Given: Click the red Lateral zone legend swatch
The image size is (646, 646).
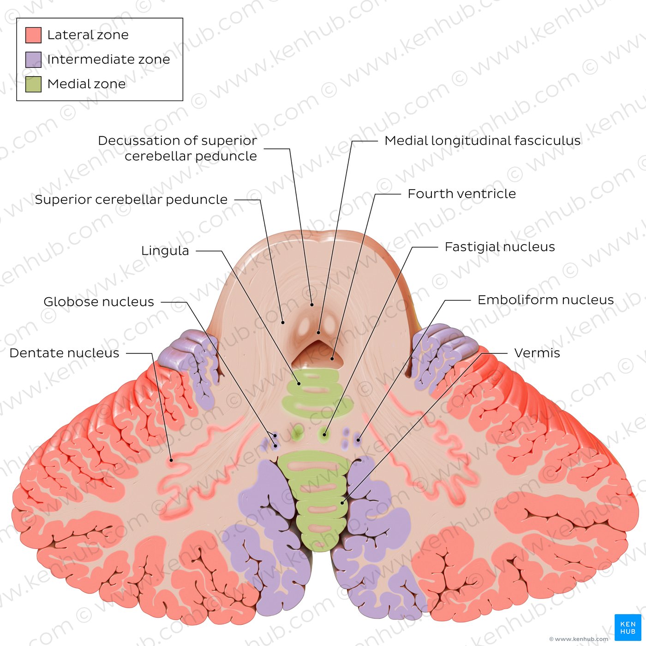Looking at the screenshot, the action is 33,35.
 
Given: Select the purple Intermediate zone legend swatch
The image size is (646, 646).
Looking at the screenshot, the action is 33,60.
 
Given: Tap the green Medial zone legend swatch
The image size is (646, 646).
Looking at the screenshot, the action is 33,84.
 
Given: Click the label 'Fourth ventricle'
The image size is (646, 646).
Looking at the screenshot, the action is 461,193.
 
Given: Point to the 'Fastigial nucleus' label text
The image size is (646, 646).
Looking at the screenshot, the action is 500,247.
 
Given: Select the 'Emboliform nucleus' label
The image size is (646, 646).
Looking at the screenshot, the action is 545,300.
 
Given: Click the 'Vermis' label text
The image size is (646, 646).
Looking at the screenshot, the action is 537,353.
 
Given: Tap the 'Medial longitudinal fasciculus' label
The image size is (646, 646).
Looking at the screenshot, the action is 482,141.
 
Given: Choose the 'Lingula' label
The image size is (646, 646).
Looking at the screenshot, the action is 165,251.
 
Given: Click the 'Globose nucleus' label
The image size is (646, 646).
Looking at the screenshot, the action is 99,302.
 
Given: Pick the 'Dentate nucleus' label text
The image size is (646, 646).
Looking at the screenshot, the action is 64,353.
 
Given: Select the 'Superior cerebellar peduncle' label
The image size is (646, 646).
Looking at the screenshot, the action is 131,199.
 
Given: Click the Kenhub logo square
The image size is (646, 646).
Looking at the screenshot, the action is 628,628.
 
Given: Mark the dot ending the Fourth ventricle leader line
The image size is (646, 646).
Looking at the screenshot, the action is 332,359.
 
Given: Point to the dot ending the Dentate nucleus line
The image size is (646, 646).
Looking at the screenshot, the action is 171,461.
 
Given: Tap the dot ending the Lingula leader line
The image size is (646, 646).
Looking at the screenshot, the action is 299,383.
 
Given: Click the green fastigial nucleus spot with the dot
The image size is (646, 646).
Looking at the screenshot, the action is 324,435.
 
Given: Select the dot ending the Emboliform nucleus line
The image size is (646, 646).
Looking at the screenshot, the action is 358,440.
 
